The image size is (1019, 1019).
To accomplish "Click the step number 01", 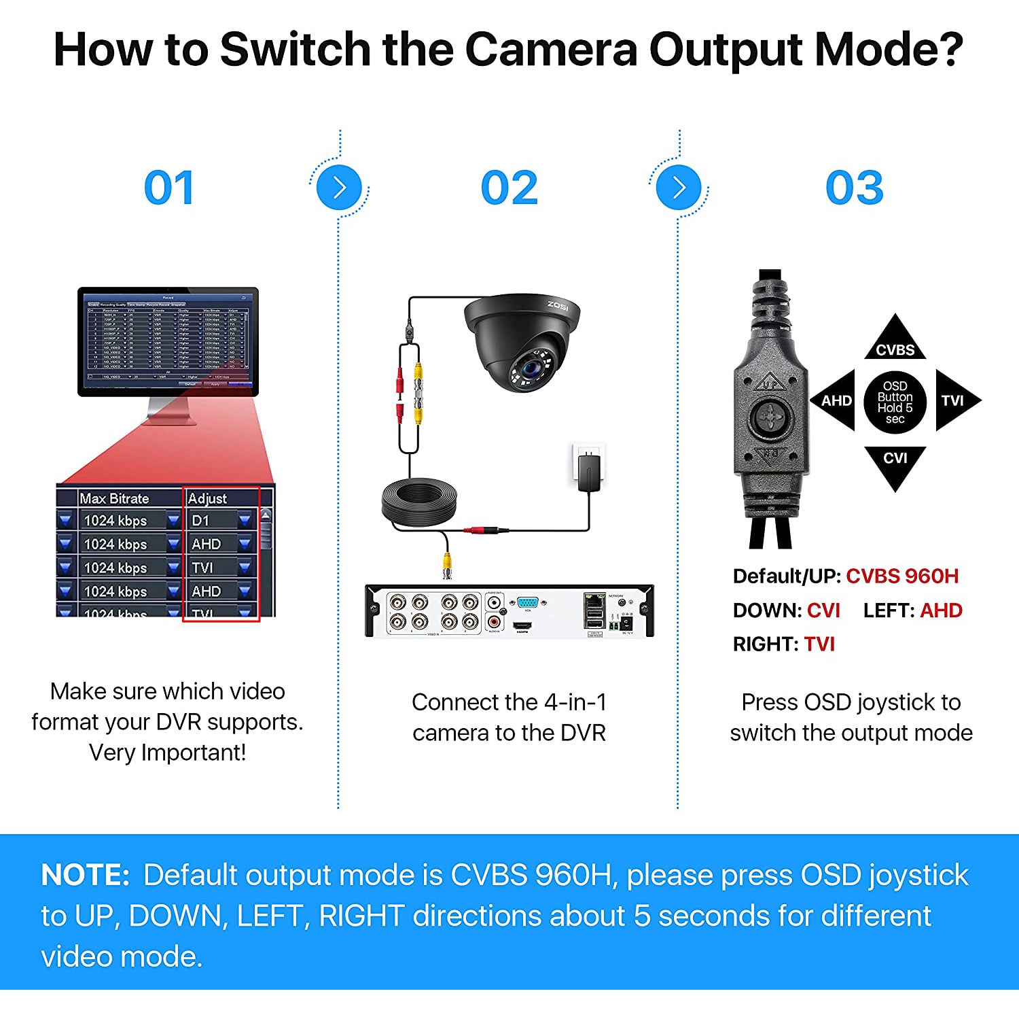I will point(169,188).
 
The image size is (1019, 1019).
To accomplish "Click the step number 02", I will point(509,188).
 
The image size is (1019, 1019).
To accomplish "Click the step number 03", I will point(854,188).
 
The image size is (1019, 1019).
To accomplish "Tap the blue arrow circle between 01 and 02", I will point(339,188).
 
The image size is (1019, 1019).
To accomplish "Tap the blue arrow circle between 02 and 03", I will point(679,188).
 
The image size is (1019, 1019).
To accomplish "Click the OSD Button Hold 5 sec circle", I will point(895,402).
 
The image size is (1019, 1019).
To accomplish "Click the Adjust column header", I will point(208,498).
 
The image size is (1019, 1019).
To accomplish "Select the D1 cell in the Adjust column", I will point(201,521).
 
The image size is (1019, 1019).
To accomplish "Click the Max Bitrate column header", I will point(114,498).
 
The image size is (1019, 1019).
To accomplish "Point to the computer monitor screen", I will point(168,339).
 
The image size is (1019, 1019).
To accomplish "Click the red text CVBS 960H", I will point(901,576).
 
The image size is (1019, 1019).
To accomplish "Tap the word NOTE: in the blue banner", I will point(85,875).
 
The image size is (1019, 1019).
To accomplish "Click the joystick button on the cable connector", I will point(771,417).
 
